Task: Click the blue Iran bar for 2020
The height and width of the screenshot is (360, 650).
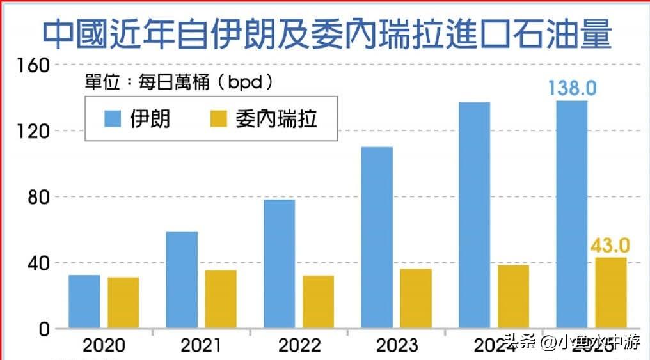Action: point(84,302)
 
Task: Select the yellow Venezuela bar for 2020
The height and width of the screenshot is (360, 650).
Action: point(123,303)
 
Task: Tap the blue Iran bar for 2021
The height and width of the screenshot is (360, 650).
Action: point(182,280)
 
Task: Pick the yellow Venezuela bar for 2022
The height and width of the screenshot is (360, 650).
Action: point(318,302)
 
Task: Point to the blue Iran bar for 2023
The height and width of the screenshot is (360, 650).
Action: point(377,238)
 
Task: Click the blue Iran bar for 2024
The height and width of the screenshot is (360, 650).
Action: point(474,215)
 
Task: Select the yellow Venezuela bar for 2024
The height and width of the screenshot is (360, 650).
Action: point(513,297)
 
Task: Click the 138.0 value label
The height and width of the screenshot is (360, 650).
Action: point(572,88)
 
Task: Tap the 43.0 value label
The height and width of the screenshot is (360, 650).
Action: point(610,245)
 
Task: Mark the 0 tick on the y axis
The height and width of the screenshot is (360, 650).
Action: point(43,329)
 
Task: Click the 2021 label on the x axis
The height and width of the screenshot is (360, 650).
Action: point(202,346)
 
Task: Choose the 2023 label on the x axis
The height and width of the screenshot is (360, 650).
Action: point(397,346)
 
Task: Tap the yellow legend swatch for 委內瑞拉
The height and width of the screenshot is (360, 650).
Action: point(218,119)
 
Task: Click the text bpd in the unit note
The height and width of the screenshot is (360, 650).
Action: point(246,82)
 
